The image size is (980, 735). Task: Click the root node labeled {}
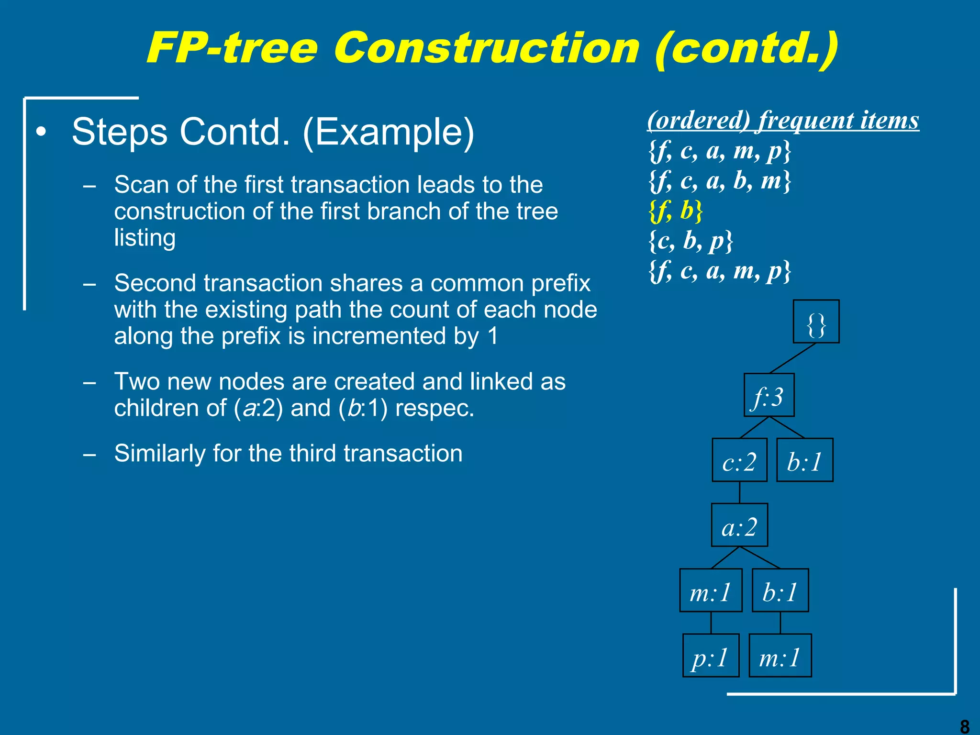click(816, 322)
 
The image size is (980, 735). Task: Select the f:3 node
click(769, 395)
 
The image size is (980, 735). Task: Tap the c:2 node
click(739, 460)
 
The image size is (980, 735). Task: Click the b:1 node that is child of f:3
click(804, 460)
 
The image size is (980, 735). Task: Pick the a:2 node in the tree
click(739, 525)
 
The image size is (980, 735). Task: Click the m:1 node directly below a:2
click(711, 590)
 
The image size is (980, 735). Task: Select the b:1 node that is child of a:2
click(780, 590)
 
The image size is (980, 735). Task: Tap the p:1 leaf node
click(711, 656)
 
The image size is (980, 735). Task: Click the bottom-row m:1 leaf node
click(780, 656)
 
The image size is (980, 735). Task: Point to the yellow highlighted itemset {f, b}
click(676, 211)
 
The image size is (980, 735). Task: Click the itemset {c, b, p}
click(690, 241)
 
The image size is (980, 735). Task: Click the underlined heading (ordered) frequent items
click(783, 120)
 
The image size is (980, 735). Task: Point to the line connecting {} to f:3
click(792, 358)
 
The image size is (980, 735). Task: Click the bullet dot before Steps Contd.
click(42, 132)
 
